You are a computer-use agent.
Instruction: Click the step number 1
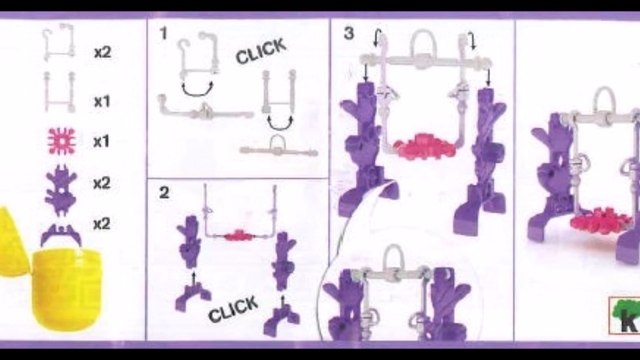[164, 33]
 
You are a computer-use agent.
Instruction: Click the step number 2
[164, 192]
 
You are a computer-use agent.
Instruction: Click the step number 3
[349, 33]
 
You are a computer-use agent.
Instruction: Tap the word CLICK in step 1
[261, 51]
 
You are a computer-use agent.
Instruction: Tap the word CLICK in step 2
[233, 309]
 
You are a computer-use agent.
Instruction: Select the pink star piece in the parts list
[61, 141]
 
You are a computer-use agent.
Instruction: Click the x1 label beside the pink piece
[102, 142]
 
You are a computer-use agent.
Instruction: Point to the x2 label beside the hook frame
[102, 53]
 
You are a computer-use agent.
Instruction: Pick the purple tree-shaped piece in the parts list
[61, 188]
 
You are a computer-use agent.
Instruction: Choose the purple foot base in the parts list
[61, 233]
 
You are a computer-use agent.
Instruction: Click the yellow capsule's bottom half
[66, 285]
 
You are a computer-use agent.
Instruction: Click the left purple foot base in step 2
[193, 297]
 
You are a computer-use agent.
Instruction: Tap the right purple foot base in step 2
[281, 322]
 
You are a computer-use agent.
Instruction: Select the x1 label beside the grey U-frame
[102, 101]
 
